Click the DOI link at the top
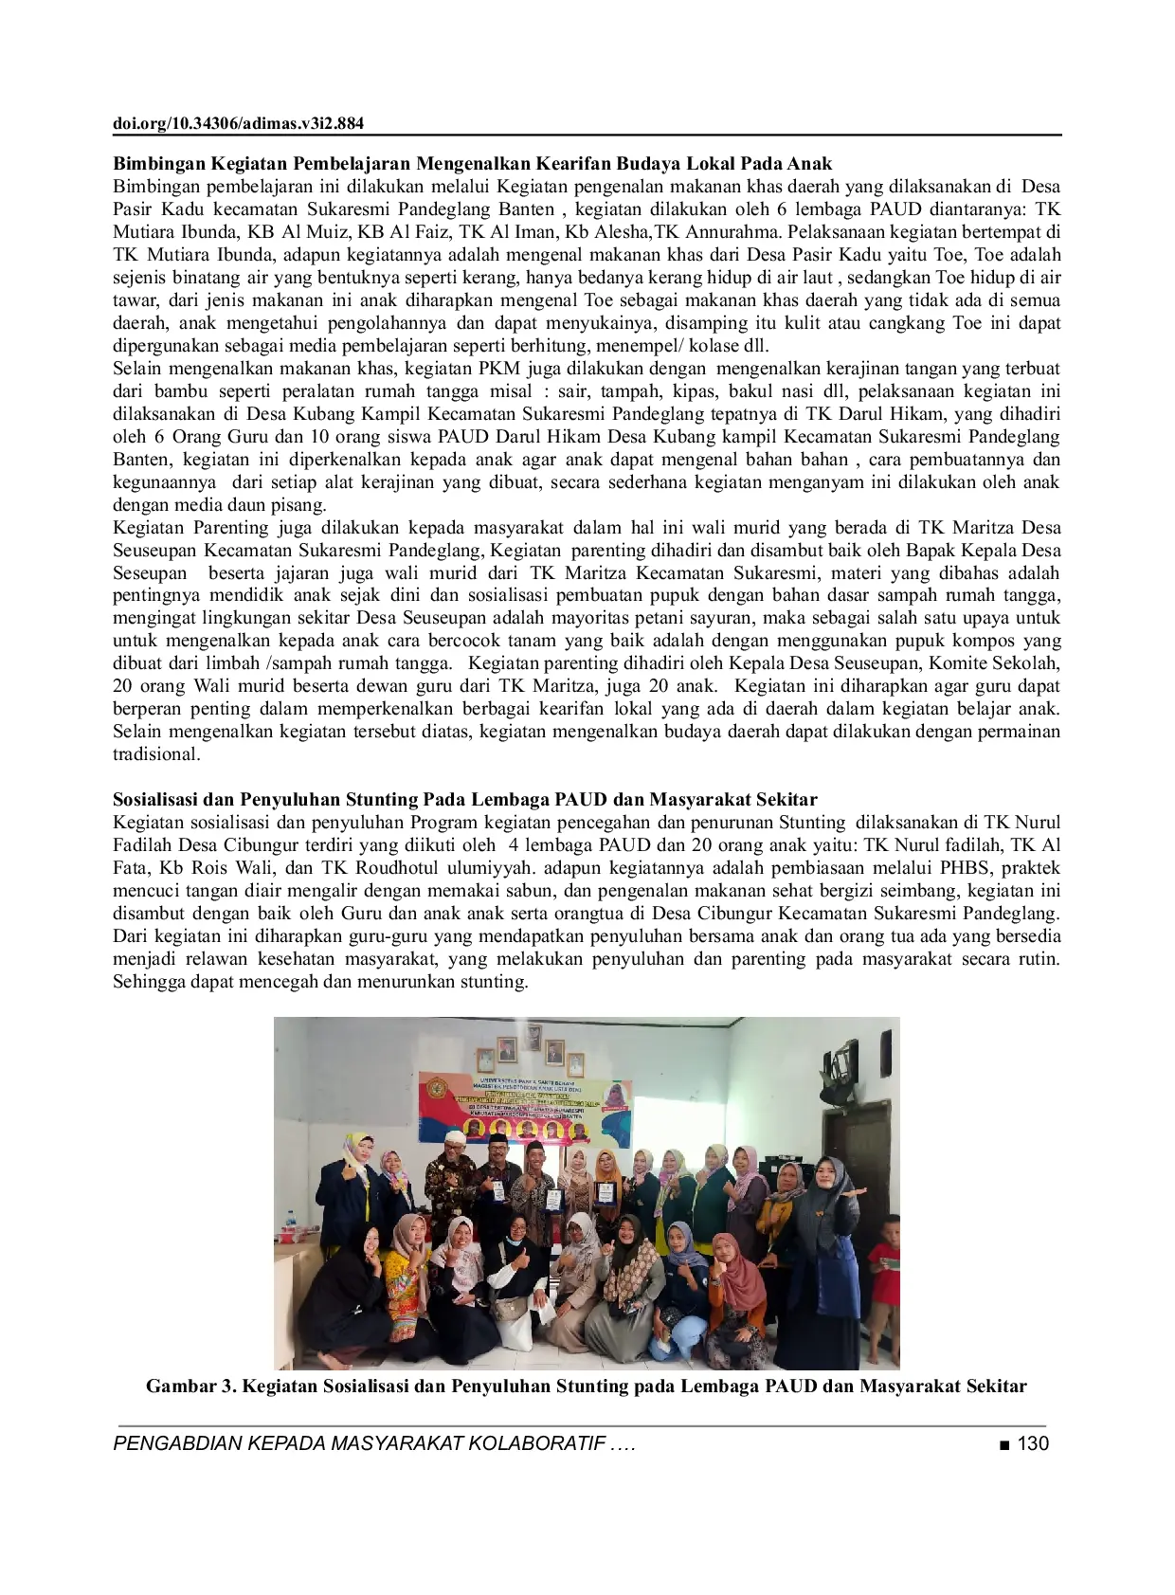[x=238, y=123]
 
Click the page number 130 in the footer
[x=1033, y=1443]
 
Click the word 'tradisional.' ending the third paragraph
[x=156, y=754]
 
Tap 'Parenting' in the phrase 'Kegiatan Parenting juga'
[x=233, y=528]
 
